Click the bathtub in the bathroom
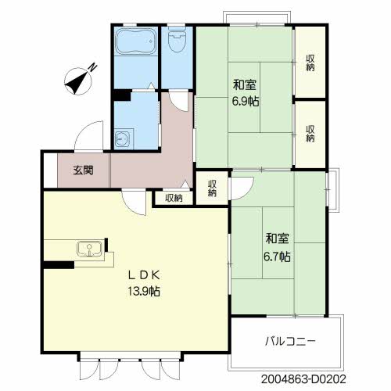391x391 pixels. tap(135, 41)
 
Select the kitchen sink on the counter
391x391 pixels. tap(89, 249)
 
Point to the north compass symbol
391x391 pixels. tap(78, 81)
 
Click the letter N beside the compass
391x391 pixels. tap(92, 68)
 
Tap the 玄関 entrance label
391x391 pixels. tap(83, 170)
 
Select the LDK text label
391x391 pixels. tap(144, 275)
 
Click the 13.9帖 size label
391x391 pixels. tap(144, 291)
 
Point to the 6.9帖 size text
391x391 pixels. tap(246, 101)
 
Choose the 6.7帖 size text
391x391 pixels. tap(277, 256)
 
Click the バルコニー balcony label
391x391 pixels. tap(290, 341)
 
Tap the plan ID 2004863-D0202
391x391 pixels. tap(303, 378)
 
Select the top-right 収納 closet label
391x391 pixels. tap(310, 63)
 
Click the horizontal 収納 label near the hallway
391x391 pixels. tap(174, 199)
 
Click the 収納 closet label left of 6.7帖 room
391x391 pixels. tap(212, 188)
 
